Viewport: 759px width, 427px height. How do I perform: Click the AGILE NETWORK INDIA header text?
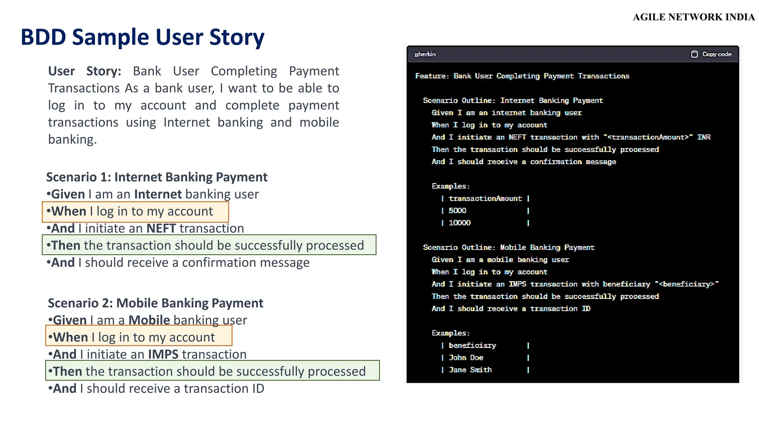[x=693, y=17]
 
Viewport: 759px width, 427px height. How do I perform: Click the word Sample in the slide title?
[x=110, y=37]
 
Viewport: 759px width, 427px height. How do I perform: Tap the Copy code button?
[x=712, y=54]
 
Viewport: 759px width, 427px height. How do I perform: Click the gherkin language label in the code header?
[x=425, y=54]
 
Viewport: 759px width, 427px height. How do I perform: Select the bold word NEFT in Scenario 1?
[x=161, y=228]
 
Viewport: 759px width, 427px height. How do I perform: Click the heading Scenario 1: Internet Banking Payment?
[x=156, y=177]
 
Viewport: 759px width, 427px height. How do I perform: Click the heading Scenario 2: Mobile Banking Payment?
[x=155, y=303]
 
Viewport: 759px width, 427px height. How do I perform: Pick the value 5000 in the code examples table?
[x=457, y=211]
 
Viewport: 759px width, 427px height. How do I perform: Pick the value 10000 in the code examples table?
[x=460, y=223]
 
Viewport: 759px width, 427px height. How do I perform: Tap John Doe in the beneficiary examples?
[x=466, y=358]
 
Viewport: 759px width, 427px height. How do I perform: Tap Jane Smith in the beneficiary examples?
[x=470, y=370]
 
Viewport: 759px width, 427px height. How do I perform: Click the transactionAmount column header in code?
[x=485, y=198]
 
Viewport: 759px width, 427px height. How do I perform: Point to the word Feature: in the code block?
[x=432, y=76]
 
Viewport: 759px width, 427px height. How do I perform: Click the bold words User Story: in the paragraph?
[x=84, y=71]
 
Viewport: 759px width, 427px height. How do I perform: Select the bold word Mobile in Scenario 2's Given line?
[x=149, y=320]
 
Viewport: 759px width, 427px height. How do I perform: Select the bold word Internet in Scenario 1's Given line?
[x=158, y=194]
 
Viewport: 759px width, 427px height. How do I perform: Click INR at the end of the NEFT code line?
[x=703, y=137]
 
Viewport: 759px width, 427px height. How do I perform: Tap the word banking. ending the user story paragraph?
[x=72, y=139]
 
